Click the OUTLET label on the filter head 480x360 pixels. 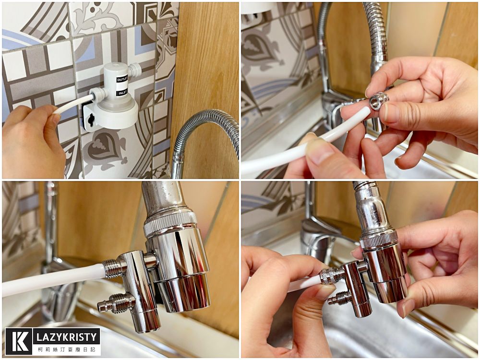click(122, 79)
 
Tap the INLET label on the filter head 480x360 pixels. click(122, 92)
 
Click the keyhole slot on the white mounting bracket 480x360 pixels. click(91, 120)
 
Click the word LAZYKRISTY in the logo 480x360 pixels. click(67, 337)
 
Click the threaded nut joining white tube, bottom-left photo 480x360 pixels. click(114, 268)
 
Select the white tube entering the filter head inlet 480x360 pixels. click(73, 104)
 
